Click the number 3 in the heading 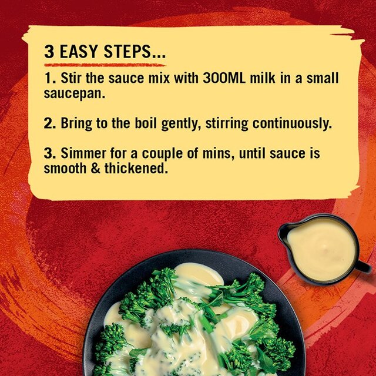coord(50,52)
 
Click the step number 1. coord(49,79)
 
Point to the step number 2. coord(49,124)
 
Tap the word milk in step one coord(265,79)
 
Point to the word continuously coord(291,124)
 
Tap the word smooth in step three coord(64,169)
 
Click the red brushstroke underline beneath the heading coord(106,64)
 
